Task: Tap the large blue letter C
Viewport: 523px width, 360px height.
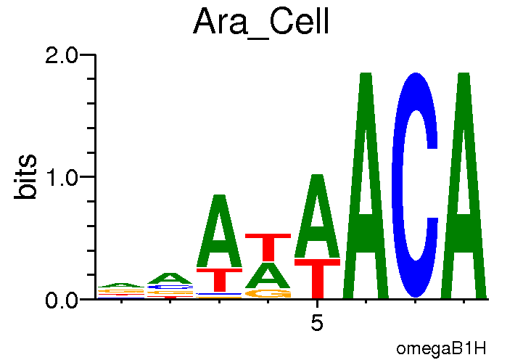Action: pyautogui.click(x=414, y=185)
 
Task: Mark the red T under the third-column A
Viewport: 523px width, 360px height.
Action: pyautogui.click(x=219, y=280)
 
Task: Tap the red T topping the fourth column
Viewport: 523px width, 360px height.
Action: pyautogui.click(x=268, y=247)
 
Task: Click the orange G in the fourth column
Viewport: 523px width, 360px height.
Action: pyautogui.click(x=268, y=293)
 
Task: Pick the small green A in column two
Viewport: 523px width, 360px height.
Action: pyautogui.click(x=170, y=279)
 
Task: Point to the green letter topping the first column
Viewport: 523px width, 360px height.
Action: pyautogui.click(x=121, y=285)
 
